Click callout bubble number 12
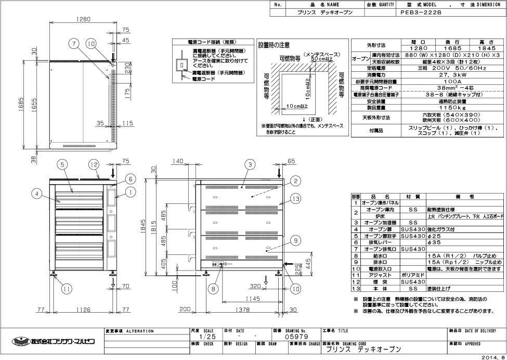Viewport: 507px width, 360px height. pos(93,164)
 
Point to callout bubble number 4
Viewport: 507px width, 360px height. pos(36,194)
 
